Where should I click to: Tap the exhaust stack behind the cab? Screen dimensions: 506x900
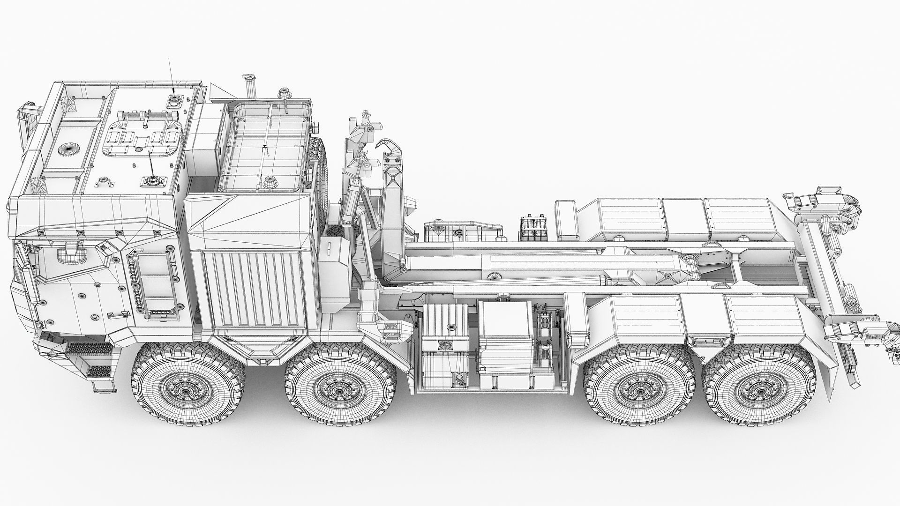coord(247,87)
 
